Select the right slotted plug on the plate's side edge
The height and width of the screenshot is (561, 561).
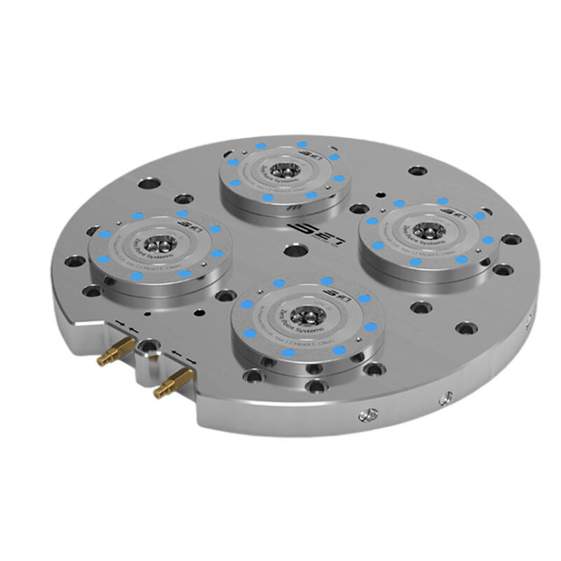point(443,399)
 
